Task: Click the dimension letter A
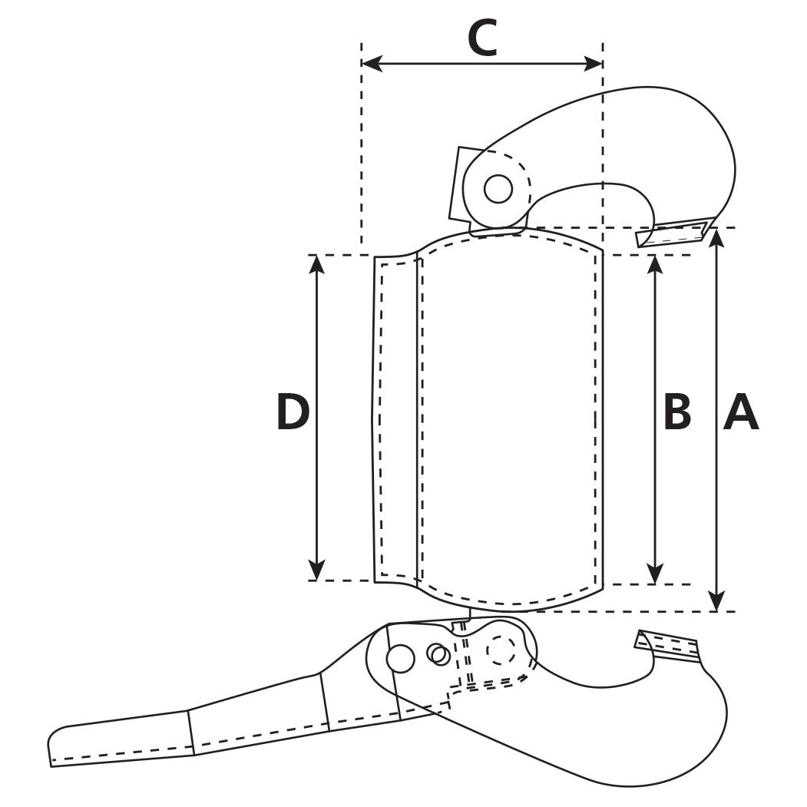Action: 741,412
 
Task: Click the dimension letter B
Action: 677,412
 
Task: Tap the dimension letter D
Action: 293,412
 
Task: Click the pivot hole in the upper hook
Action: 498,188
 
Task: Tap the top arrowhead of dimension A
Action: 716,236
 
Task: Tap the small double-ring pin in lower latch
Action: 439,655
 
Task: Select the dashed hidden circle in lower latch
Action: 501,650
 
